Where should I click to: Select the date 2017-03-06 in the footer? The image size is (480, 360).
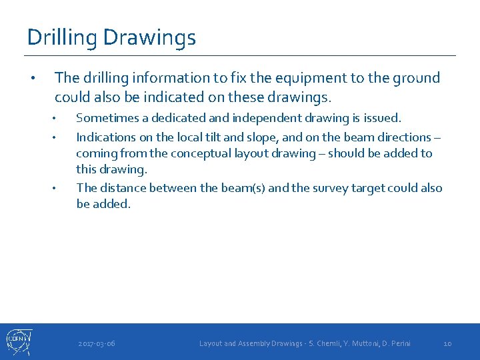tap(97, 343)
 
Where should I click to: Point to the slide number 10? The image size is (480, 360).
tap(447, 343)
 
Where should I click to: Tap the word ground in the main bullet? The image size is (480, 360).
tap(416, 78)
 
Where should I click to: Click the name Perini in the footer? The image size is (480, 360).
tap(399, 343)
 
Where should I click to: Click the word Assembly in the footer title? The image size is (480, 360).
tap(257, 343)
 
